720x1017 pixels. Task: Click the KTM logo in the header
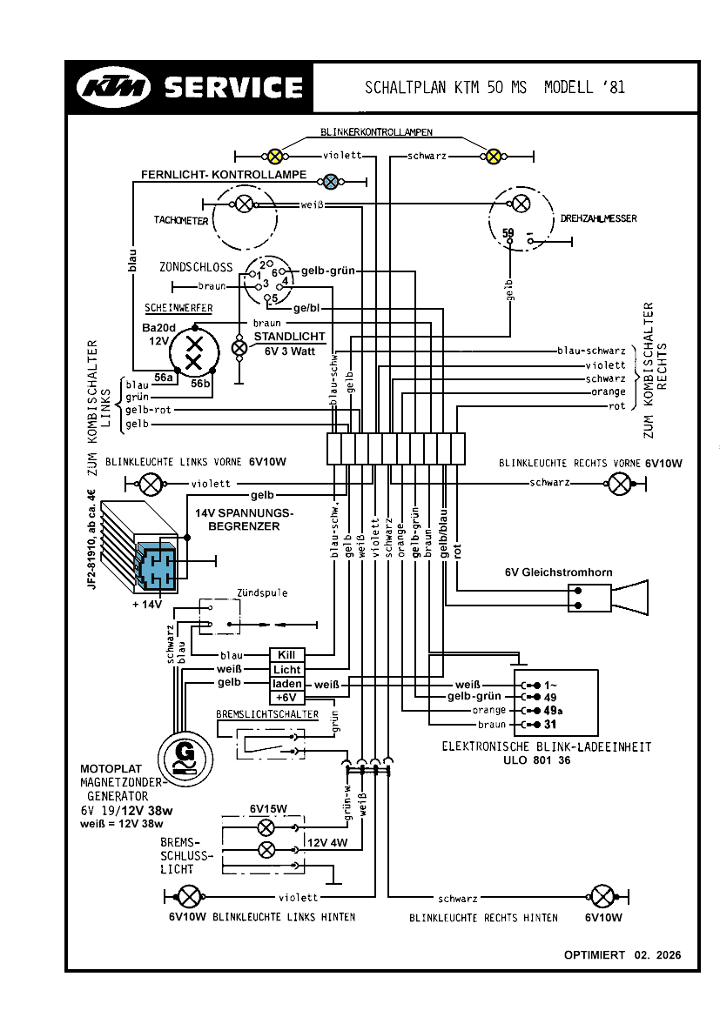pyautogui.click(x=114, y=87)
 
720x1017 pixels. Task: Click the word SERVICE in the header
pyautogui.click(x=233, y=87)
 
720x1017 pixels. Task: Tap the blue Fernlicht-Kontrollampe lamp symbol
pyautogui.click(x=331, y=181)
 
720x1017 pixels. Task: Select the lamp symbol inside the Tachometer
pyautogui.click(x=246, y=204)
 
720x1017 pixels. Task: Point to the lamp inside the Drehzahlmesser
pyautogui.click(x=521, y=204)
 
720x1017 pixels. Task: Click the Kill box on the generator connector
pyautogui.click(x=286, y=654)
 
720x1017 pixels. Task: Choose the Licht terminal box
pyautogui.click(x=286, y=669)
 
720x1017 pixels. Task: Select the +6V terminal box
pyautogui.click(x=286, y=698)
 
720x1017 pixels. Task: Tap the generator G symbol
pyautogui.click(x=184, y=752)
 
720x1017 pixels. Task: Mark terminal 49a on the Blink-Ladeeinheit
pyautogui.click(x=552, y=710)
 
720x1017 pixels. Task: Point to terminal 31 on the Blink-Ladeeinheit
pyautogui.click(x=552, y=724)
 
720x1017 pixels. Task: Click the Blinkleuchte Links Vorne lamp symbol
pyautogui.click(x=151, y=484)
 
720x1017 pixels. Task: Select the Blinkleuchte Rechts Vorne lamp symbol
pyautogui.click(x=620, y=484)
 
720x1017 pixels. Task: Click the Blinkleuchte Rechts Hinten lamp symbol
pyautogui.click(x=602, y=896)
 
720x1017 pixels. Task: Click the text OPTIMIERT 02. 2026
pyautogui.click(x=622, y=955)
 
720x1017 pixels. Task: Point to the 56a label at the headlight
pyautogui.click(x=163, y=377)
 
